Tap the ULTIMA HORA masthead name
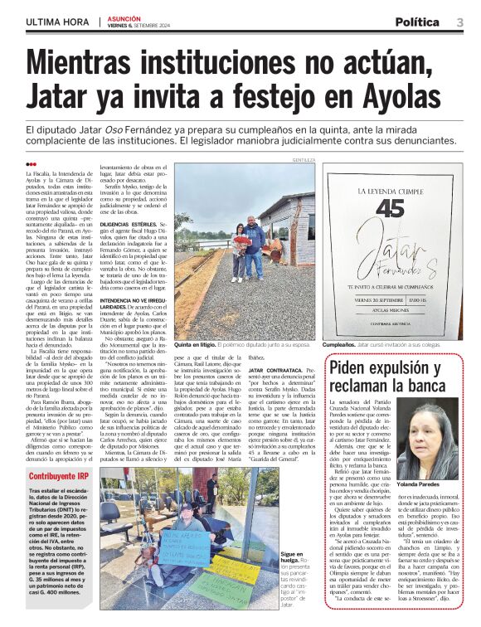click(58, 22)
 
